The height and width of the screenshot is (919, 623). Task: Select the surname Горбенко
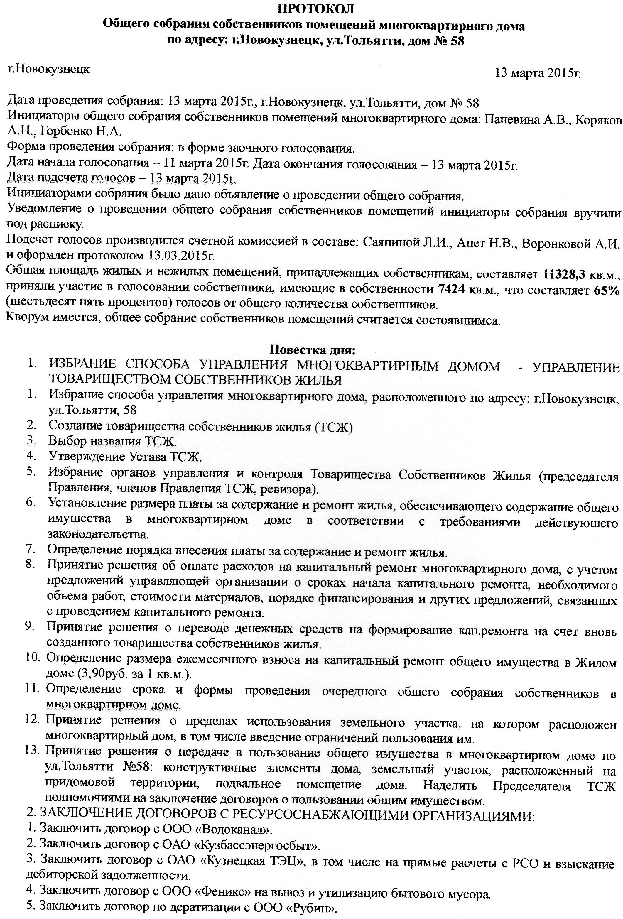66,131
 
